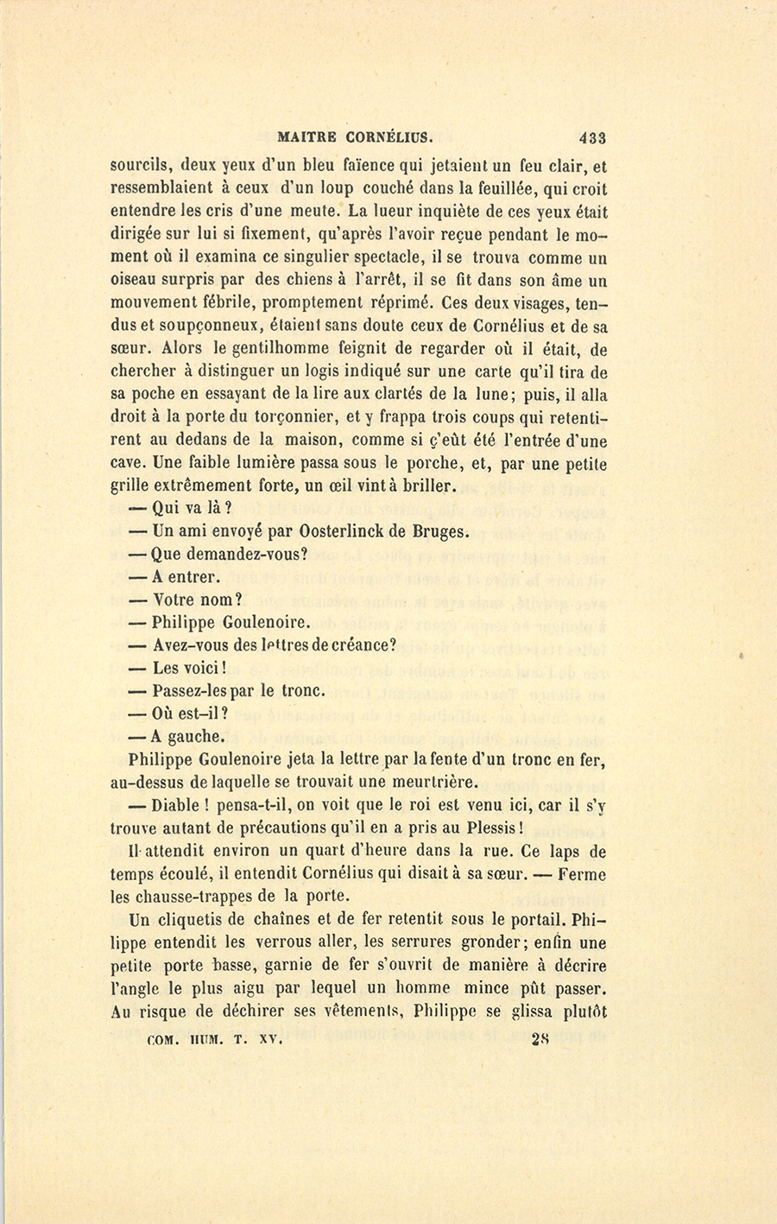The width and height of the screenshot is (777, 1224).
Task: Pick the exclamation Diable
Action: click(177, 806)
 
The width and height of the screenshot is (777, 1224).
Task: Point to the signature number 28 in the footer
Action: click(541, 1040)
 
